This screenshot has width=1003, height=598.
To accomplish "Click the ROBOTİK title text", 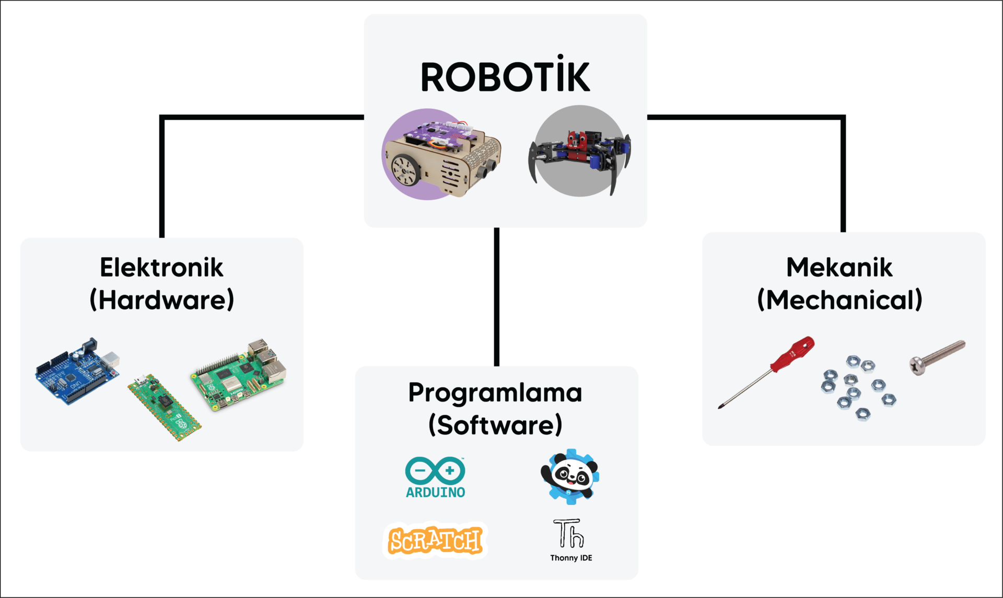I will pyautogui.click(x=505, y=77).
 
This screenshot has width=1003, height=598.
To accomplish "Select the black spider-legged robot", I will pyautogui.click(x=580, y=152).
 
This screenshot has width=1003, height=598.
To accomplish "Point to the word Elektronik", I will pyautogui.click(x=161, y=268).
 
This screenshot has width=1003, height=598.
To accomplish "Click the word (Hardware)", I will pyautogui.click(x=161, y=300).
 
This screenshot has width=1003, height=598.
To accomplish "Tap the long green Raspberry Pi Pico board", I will pyautogui.click(x=165, y=408).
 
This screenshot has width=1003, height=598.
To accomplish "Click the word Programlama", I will pyautogui.click(x=495, y=393).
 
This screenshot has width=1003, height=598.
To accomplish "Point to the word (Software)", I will pyautogui.click(x=495, y=425).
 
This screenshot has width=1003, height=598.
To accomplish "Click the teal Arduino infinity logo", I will pyautogui.click(x=435, y=470).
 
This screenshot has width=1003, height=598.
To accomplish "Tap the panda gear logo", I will pyautogui.click(x=570, y=476).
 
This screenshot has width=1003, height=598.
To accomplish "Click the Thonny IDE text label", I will pyautogui.click(x=571, y=558).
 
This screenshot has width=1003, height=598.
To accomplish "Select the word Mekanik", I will pyautogui.click(x=839, y=268).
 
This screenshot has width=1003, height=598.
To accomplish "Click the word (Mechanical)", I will pyautogui.click(x=839, y=300).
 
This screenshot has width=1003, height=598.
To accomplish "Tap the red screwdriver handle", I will pyautogui.click(x=794, y=353).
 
